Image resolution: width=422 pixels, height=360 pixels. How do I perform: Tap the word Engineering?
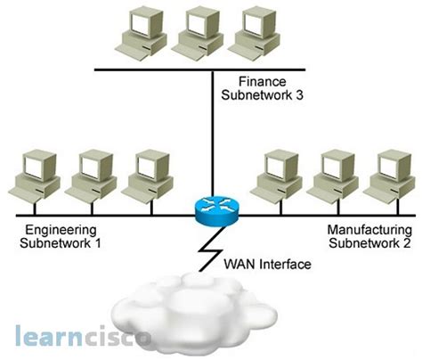click(52, 230)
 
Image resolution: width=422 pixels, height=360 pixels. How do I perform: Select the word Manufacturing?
click(365, 230)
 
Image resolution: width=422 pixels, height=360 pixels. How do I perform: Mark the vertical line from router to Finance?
click(212, 134)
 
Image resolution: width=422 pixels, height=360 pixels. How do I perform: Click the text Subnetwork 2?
click(365, 242)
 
